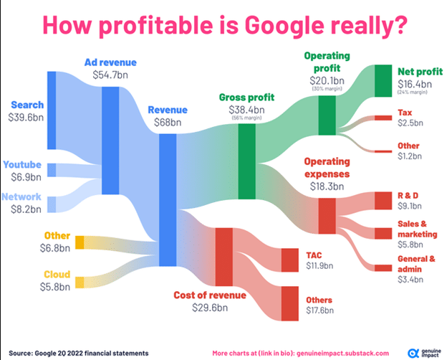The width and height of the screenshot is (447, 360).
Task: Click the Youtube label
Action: [21, 164]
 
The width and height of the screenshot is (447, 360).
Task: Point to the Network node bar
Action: [51, 203]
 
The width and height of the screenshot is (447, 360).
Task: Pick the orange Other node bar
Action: [80, 242]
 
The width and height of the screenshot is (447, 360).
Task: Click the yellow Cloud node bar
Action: [80, 282]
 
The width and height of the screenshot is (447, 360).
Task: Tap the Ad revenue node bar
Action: [111, 141]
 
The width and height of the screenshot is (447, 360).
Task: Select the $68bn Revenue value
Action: [168, 123]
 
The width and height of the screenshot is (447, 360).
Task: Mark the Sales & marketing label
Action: [416, 229]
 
